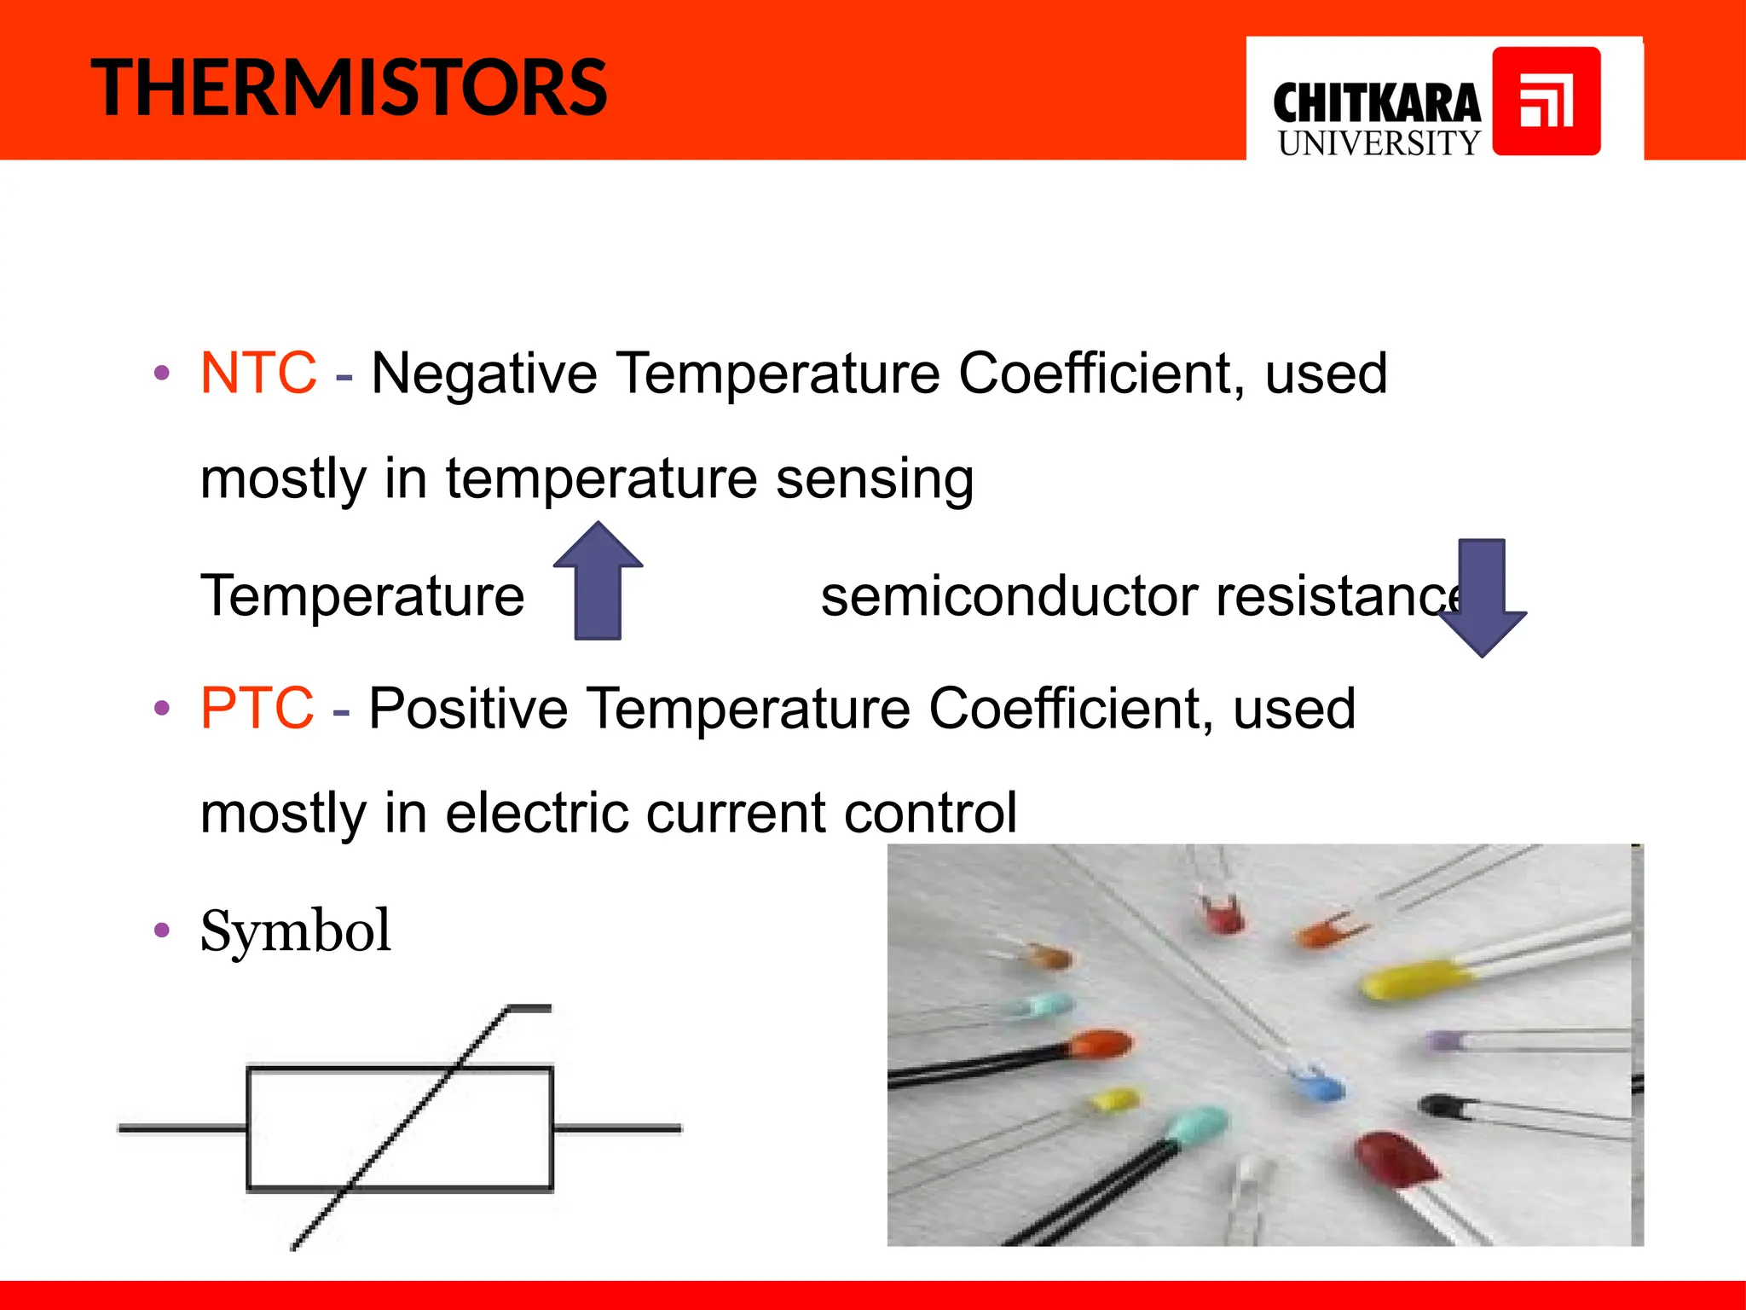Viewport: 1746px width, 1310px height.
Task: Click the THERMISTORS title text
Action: point(349,88)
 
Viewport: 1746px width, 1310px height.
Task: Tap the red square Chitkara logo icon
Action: point(1546,101)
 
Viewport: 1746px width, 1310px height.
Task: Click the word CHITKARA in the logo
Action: point(1376,104)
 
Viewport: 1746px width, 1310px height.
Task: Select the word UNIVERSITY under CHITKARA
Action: point(1379,143)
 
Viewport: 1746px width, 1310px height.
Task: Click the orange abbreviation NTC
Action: point(258,374)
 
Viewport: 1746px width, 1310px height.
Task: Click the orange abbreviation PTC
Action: point(257,709)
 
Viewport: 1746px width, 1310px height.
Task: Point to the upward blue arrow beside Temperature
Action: point(598,583)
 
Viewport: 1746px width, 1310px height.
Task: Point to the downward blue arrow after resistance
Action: point(1482,597)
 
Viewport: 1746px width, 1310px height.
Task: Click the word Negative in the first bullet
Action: point(484,374)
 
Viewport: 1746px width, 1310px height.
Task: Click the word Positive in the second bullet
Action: point(468,709)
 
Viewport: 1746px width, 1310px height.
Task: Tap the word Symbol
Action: point(295,930)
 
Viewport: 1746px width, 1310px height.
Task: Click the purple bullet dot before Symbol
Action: point(162,930)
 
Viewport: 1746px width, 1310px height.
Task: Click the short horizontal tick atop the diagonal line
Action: point(529,1008)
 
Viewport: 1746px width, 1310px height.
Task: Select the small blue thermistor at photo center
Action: point(1317,1086)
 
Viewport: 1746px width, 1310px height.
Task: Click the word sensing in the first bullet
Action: point(875,479)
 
